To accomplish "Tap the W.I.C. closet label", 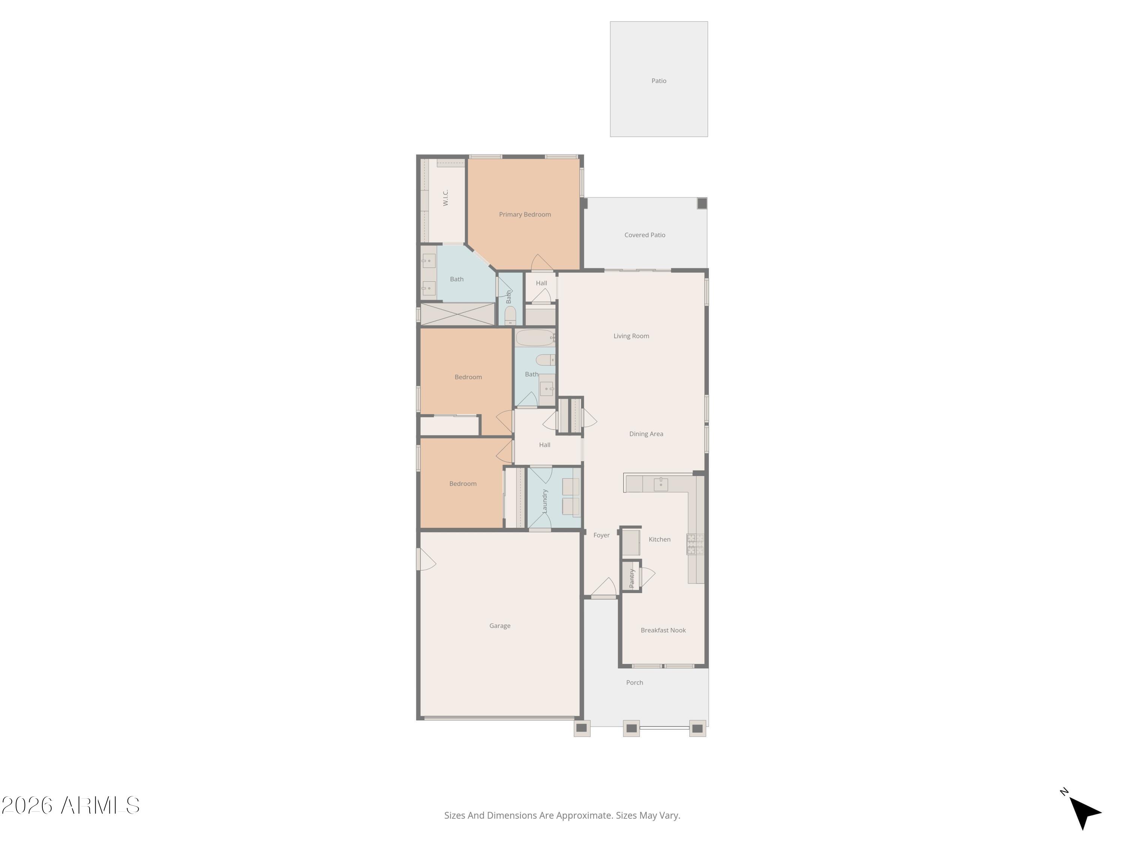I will (x=445, y=197).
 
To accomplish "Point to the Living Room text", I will (x=631, y=336).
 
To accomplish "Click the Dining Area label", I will (x=646, y=434).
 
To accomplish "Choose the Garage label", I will (x=499, y=626).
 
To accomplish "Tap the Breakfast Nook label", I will (x=663, y=630).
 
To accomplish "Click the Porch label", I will (x=634, y=683).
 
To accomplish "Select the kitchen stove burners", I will (x=695, y=544).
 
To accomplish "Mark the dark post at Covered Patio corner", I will (x=702, y=203).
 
